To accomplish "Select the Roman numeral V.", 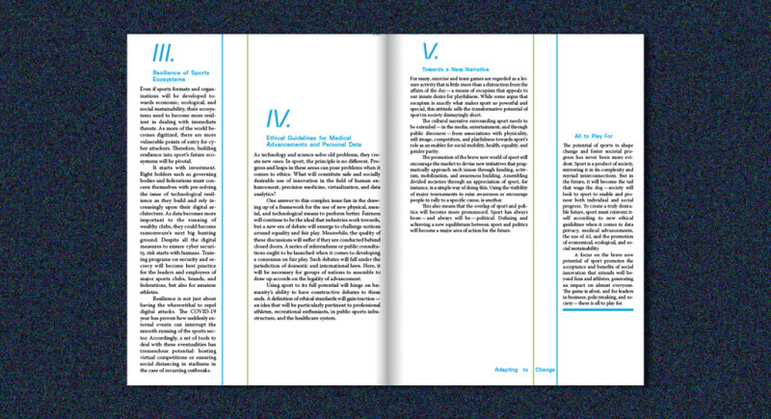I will (x=430, y=49).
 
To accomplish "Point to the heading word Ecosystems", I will (x=173, y=80).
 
